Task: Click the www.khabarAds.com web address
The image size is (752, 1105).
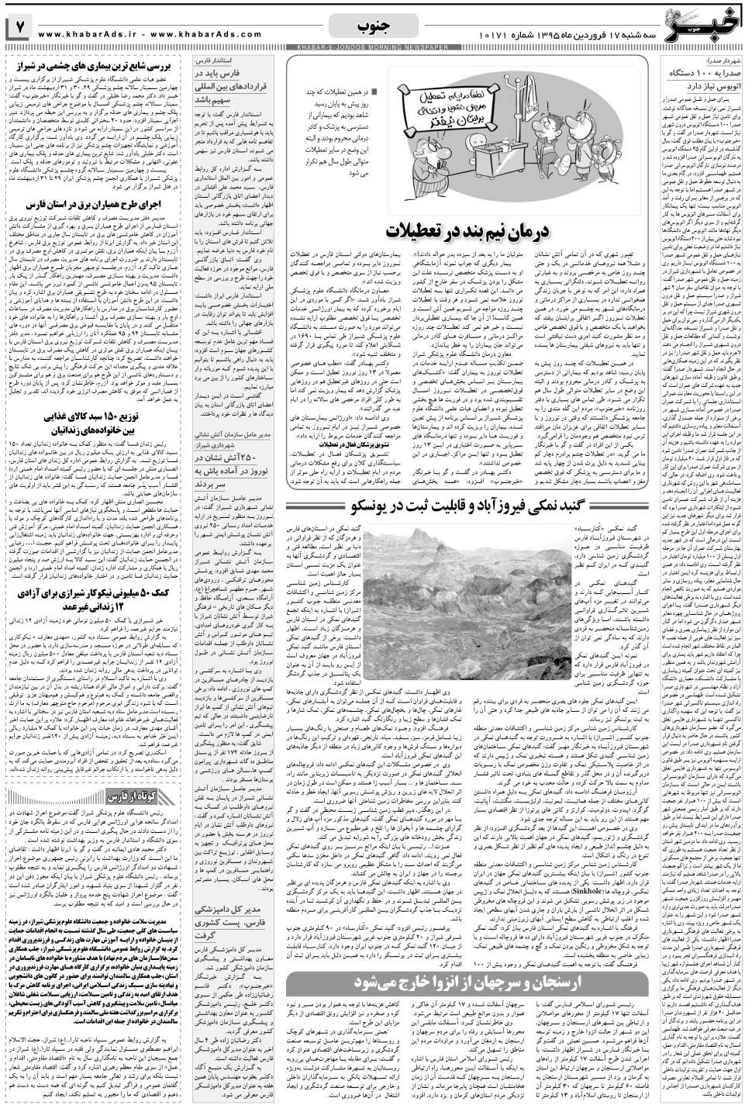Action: tap(209, 35)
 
